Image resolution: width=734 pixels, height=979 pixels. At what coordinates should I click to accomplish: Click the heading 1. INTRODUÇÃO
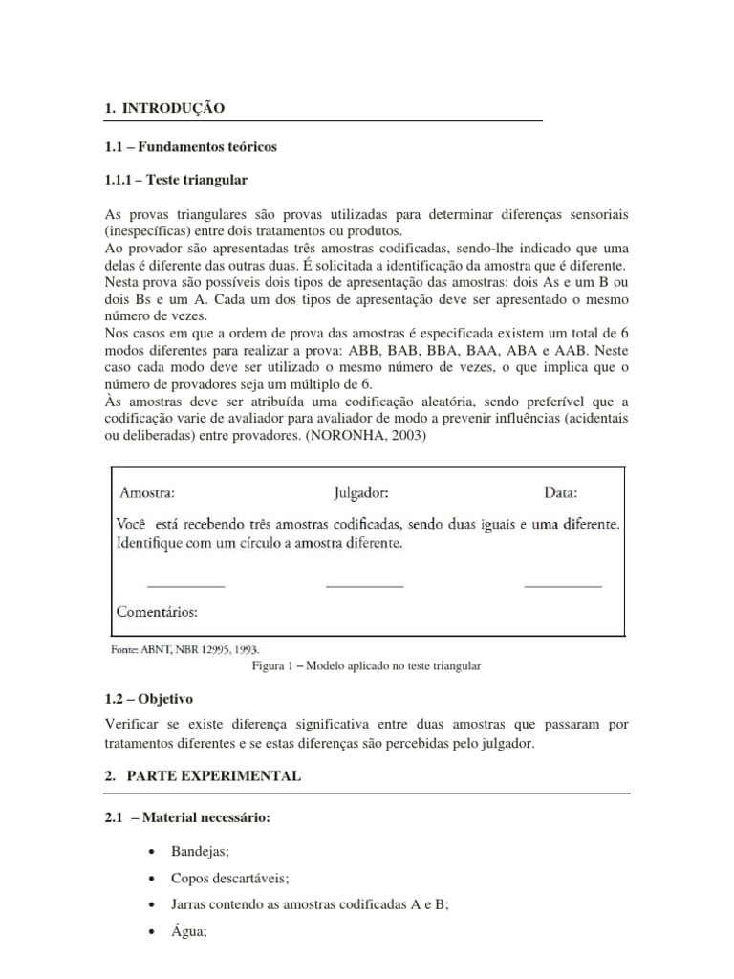[x=164, y=109]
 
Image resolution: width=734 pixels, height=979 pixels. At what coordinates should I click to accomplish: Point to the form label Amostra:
[x=147, y=493]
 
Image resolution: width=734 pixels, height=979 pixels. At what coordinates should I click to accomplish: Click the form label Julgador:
[x=360, y=493]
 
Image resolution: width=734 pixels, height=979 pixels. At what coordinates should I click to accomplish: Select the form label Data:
[x=561, y=493]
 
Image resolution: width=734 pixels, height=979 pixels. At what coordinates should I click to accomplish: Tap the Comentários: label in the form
[x=157, y=610]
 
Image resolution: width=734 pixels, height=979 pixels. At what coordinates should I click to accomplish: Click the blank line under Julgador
[x=364, y=585]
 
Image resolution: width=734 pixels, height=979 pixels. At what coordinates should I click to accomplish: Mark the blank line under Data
[x=563, y=585]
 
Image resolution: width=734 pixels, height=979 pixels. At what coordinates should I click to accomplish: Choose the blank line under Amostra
[x=185, y=585]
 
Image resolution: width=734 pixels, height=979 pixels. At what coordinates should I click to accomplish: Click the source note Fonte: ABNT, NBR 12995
[x=185, y=647]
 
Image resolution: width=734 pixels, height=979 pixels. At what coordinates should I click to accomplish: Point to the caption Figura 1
[x=367, y=665]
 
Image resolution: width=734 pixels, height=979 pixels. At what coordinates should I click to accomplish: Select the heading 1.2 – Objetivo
[x=149, y=700]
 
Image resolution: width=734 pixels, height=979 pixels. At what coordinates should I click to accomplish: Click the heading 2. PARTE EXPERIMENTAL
[x=202, y=777]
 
